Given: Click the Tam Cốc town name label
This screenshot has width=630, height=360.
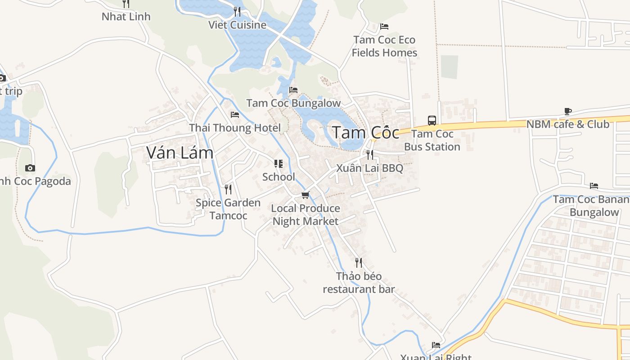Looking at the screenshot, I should coord(365,133).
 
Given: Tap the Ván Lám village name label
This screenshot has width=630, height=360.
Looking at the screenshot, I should coord(180,153).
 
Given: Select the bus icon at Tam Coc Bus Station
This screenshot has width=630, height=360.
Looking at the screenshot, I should coord(432,120).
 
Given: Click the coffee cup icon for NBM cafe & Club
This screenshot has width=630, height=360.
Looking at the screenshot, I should coord(568,111).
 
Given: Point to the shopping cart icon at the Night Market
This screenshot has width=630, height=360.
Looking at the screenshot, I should coord(306,195).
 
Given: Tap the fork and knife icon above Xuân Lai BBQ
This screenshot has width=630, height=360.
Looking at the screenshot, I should coord(370,155).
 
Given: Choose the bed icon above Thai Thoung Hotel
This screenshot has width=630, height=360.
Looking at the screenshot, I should coord(234,115).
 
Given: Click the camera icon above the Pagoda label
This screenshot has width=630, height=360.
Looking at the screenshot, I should coord(30,168).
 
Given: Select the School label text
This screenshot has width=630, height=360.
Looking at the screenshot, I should coord(279,177).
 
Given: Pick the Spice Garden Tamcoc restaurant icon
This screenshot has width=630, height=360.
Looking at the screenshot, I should coord(228,189).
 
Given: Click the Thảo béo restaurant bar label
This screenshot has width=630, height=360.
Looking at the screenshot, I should coord(359,283).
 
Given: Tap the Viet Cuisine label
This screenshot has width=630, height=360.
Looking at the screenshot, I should coord(237,25).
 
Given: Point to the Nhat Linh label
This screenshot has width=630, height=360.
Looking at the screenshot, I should coord(126,17).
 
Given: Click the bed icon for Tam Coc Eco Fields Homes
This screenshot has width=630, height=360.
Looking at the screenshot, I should coord(384,27).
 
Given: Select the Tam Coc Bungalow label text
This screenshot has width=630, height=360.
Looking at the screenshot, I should coord(293,103).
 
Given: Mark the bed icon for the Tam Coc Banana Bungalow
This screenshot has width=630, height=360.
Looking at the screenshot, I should coord(594,186).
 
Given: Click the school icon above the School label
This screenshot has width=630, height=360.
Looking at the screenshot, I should coord(279,164).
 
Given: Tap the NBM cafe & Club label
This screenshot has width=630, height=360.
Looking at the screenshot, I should coord(568,124).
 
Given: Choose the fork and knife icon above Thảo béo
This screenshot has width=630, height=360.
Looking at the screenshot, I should coord(359,262).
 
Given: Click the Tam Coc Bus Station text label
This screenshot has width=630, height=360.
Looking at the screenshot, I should coord(432,140).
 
